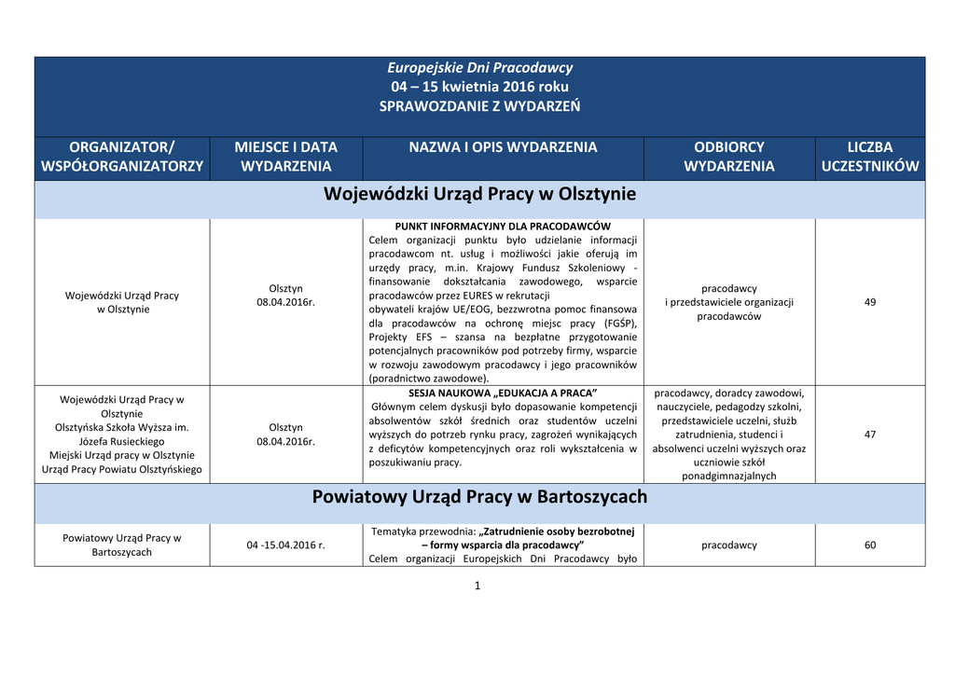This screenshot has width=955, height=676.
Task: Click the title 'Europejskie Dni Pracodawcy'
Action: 479,67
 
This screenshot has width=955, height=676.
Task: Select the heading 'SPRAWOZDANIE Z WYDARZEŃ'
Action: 479,106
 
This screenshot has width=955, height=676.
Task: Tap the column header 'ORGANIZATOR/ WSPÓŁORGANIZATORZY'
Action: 122,157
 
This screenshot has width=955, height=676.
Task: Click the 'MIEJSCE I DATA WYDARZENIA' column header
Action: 286,157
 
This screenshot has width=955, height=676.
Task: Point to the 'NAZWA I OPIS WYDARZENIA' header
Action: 504,147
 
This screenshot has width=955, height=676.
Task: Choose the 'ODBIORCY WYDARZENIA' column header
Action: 729,157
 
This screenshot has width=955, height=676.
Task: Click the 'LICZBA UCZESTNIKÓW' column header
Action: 870,157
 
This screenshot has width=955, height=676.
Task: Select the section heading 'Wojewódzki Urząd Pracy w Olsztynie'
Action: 479,195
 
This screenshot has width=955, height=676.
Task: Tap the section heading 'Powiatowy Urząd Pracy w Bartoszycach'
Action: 479,497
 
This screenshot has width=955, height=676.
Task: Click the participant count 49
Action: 870,302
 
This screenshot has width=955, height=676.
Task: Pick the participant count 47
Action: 870,435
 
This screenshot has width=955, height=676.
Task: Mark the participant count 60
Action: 870,545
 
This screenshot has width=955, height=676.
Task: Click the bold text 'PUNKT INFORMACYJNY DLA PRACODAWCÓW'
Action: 503,227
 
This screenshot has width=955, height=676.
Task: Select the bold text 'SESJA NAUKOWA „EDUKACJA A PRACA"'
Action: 503,393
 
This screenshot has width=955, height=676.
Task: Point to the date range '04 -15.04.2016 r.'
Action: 286,545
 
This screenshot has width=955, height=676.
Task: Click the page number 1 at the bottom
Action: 477,586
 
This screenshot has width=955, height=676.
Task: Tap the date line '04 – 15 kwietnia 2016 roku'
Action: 479,87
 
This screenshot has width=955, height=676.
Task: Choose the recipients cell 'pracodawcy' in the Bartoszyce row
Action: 729,545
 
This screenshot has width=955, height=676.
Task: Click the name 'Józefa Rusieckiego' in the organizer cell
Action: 122,441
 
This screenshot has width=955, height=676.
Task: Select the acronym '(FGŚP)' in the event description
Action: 618,323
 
